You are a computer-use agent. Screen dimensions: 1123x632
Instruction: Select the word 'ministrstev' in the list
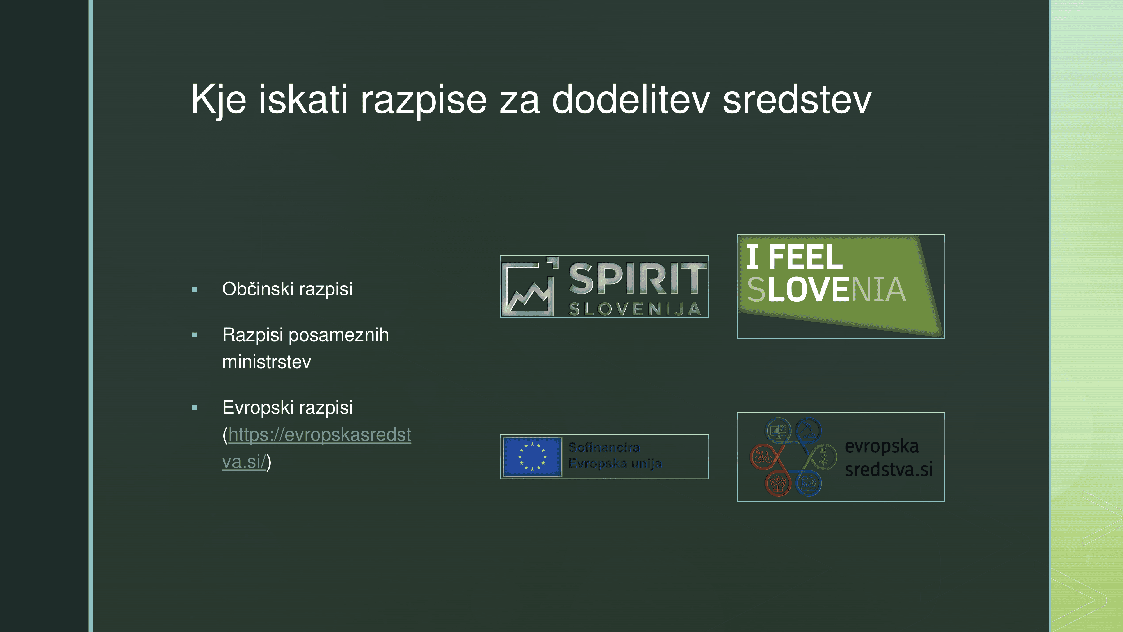(x=267, y=362)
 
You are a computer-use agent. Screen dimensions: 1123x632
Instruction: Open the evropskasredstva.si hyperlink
(x=317, y=448)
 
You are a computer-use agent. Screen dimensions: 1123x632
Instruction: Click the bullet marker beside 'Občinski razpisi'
(x=195, y=289)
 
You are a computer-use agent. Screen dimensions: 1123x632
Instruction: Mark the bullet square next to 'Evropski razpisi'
(x=195, y=408)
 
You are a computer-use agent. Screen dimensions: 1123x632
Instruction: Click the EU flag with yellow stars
(x=532, y=456)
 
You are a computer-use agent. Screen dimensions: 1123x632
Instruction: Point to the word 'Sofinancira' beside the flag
(x=604, y=447)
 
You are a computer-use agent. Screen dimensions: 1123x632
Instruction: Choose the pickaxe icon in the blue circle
(x=808, y=431)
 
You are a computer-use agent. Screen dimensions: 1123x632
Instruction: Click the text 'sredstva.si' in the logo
(x=889, y=470)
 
